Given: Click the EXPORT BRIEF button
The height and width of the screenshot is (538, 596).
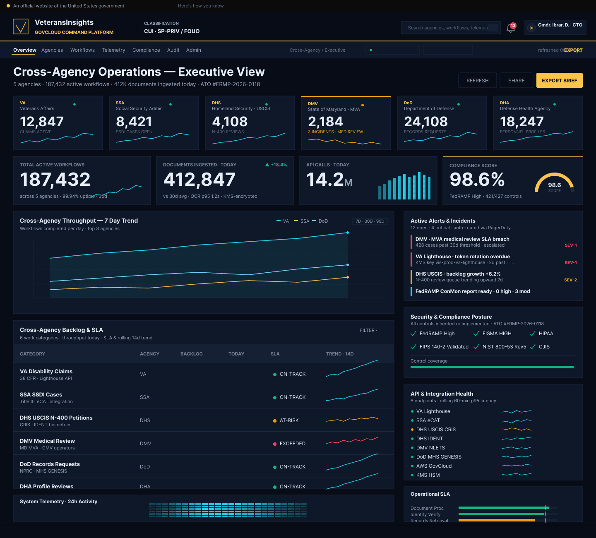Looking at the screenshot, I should pyautogui.click(x=559, y=81).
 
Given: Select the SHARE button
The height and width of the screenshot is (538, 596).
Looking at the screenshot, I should pyautogui.click(x=516, y=81).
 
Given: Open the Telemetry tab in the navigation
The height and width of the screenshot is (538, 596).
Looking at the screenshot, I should pyautogui.click(x=113, y=50).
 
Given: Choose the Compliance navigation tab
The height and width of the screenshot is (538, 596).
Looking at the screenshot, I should pyautogui.click(x=146, y=50).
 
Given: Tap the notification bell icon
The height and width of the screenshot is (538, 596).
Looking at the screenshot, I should pyautogui.click(x=511, y=28).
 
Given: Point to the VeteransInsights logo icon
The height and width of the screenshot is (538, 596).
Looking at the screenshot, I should pyautogui.click(x=21, y=26).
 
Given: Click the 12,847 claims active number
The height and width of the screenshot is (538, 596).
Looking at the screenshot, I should pyautogui.click(x=42, y=122).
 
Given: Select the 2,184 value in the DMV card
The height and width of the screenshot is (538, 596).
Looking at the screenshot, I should pyautogui.click(x=325, y=122).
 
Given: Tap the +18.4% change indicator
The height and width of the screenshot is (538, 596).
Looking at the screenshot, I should pyautogui.click(x=276, y=165).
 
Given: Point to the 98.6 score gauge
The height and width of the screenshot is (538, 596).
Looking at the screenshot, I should pyautogui.click(x=554, y=185).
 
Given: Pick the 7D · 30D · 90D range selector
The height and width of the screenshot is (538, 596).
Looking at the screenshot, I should pyautogui.click(x=370, y=221).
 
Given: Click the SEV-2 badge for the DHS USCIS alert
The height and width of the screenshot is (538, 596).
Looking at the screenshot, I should pyautogui.click(x=570, y=280).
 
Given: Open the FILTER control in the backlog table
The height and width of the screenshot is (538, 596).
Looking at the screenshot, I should pyautogui.click(x=368, y=330).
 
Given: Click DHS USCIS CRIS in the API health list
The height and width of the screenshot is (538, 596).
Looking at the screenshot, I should pyautogui.click(x=436, y=430).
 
